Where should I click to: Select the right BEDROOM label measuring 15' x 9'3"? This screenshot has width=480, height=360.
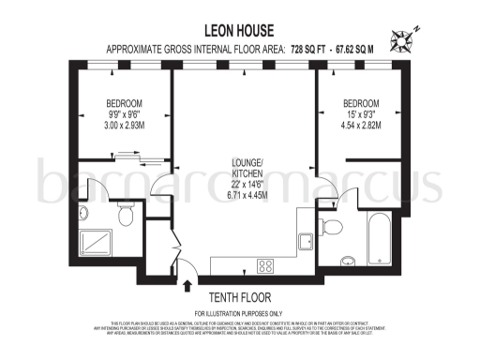[x=361, y=102]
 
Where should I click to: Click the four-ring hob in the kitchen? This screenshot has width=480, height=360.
[x=265, y=264]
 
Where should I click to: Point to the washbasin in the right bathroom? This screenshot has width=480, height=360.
[x=347, y=260]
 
